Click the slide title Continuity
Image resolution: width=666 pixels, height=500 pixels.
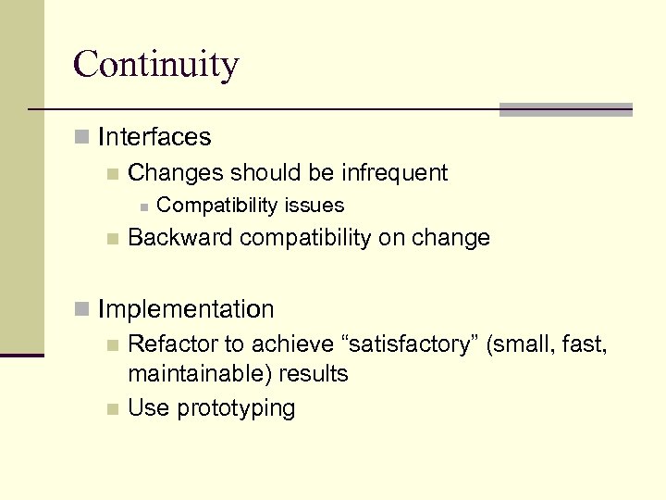click(155, 64)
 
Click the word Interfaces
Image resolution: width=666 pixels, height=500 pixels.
click(154, 137)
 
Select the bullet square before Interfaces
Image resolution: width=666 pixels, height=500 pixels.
click(82, 138)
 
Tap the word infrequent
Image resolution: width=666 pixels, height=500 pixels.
click(395, 172)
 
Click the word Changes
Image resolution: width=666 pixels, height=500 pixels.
click(176, 172)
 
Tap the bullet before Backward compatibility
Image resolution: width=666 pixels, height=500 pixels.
click(112, 239)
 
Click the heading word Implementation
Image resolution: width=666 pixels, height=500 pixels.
click(186, 309)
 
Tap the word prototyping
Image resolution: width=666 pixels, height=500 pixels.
click(236, 408)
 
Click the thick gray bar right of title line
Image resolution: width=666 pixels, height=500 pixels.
click(565, 109)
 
